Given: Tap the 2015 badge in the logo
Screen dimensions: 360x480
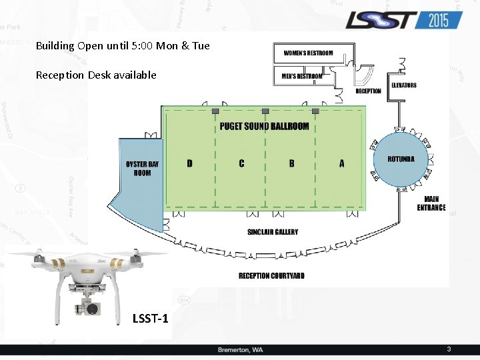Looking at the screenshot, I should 439,20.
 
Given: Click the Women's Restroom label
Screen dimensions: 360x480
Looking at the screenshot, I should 308,53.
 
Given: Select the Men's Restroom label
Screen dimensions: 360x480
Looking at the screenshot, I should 301,76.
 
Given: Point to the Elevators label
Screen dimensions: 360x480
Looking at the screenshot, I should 404,85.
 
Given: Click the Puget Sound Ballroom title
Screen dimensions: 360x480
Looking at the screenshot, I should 265,126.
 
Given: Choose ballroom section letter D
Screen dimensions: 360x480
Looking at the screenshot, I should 190,163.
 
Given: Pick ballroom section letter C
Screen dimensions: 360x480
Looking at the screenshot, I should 241,163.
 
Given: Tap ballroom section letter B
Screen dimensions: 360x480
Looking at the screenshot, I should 292,163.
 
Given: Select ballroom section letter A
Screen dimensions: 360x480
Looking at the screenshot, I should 342,163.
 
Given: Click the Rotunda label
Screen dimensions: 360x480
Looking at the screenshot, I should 401,159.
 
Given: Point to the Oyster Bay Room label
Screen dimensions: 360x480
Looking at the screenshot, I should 143,168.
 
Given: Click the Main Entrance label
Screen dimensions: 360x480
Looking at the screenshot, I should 431,203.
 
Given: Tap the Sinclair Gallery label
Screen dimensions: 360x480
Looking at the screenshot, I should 273,232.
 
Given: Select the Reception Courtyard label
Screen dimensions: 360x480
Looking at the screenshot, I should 271,275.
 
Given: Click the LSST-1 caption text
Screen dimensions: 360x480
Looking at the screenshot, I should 151,319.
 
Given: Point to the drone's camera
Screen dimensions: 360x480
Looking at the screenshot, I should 90,309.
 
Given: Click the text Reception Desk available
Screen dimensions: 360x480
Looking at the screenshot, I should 96,75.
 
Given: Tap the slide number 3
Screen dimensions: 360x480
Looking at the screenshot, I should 449,349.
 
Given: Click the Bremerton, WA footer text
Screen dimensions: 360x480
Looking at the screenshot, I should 240,350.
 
